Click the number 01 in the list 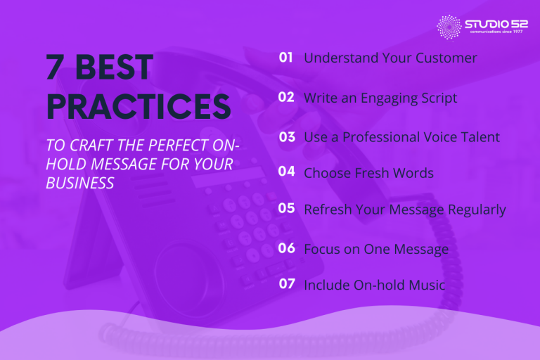tap(285, 58)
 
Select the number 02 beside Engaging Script tap(285, 98)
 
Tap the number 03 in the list tap(286, 137)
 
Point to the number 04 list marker tap(286, 172)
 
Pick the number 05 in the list tap(286, 209)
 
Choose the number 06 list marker tap(286, 248)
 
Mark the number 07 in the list tap(286, 285)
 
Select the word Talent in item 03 tap(478, 137)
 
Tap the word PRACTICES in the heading tap(138, 107)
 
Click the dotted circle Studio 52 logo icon tap(449, 27)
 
